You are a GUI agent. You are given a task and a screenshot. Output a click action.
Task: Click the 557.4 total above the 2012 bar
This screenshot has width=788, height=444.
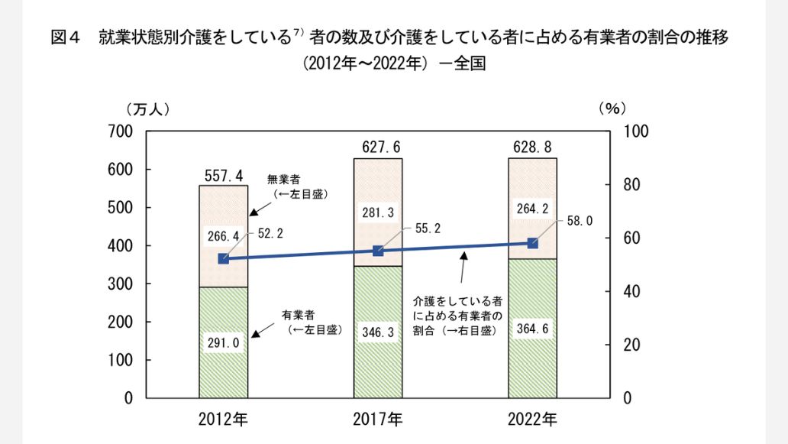coord(224,177)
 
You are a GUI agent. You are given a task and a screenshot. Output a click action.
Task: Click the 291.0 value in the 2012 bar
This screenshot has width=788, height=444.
coord(224,343)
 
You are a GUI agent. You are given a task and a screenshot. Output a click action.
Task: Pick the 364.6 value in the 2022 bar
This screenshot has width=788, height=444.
coord(532,329)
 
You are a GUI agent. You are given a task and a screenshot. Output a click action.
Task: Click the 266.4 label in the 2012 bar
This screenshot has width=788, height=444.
coord(223,235)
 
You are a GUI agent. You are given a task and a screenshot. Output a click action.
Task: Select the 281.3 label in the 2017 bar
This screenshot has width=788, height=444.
coord(378,213)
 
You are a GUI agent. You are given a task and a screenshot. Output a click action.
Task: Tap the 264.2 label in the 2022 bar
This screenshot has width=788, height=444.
coord(532,209)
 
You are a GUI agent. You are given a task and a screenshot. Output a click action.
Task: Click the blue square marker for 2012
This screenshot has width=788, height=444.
coord(223,259)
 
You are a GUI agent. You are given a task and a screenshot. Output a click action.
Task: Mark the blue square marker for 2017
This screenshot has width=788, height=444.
coord(378,251)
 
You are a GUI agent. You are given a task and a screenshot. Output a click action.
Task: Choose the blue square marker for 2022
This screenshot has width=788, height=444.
coord(533,243)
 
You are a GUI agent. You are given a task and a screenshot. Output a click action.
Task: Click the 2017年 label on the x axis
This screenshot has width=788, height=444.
coord(378,419)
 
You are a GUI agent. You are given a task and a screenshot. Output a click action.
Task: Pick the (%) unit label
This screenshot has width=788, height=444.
coord(612,109)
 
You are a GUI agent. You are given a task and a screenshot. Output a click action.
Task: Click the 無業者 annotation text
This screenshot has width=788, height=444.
coord(283,180)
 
